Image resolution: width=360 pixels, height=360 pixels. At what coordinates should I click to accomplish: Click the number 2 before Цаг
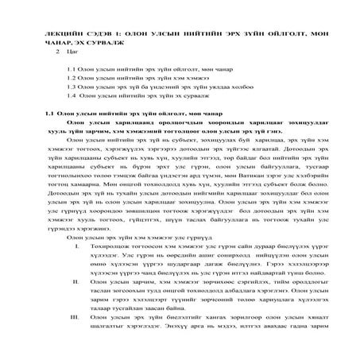pos(58,60)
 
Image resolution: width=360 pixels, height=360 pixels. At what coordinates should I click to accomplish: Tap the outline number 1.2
pos(72,91)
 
